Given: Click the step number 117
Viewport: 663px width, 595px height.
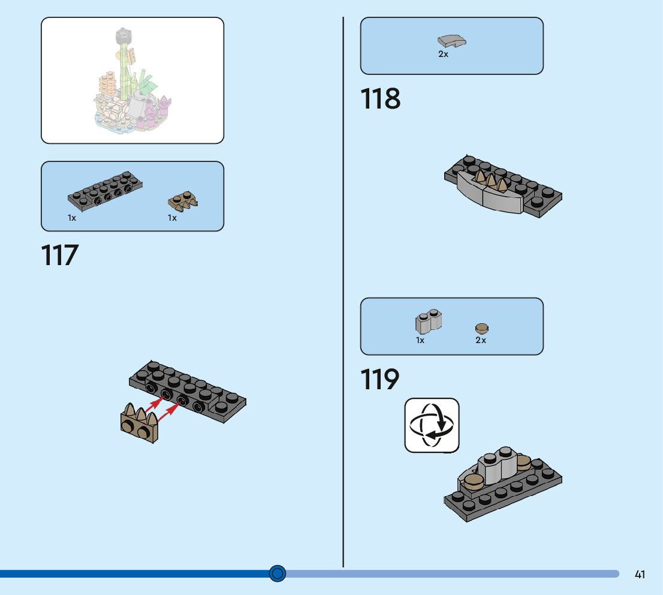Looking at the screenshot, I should pyautogui.click(x=60, y=255).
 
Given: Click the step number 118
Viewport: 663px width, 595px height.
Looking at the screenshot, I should pyautogui.click(x=381, y=99).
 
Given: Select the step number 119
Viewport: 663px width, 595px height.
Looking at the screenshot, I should pyautogui.click(x=380, y=380).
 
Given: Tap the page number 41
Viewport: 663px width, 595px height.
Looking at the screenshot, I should pyautogui.click(x=640, y=574).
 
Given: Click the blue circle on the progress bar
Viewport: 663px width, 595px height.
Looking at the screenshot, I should pyautogui.click(x=277, y=573).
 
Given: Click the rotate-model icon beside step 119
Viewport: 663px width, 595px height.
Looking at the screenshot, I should pyautogui.click(x=432, y=425).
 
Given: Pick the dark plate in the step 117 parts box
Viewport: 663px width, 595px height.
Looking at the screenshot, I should pyautogui.click(x=104, y=190).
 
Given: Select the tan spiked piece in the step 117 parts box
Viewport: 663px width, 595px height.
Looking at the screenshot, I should pyautogui.click(x=183, y=200).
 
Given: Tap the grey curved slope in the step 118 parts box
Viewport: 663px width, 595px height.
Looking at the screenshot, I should pyautogui.click(x=452, y=41).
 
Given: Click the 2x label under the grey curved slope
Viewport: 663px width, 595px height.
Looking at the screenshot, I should pyautogui.click(x=443, y=54).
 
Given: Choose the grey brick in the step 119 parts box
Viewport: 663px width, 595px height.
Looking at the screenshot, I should pyautogui.click(x=428, y=322).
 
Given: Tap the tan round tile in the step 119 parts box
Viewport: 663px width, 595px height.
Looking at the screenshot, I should pyautogui.click(x=481, y=327).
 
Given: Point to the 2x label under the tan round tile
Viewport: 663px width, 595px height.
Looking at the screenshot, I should pyautogui.click(x=481, y=340).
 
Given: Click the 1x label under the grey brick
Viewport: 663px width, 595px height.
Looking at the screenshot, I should pyautogui.click(x=420, y=340).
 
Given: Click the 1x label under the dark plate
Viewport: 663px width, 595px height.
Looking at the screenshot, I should pyautogui.click(x=72, y=218).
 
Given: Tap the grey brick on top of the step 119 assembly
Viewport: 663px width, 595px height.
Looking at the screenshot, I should pyautogui.click(x=497, y=465).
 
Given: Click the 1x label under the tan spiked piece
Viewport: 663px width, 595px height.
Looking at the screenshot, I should pyautogui.click(x=172, y=218).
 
